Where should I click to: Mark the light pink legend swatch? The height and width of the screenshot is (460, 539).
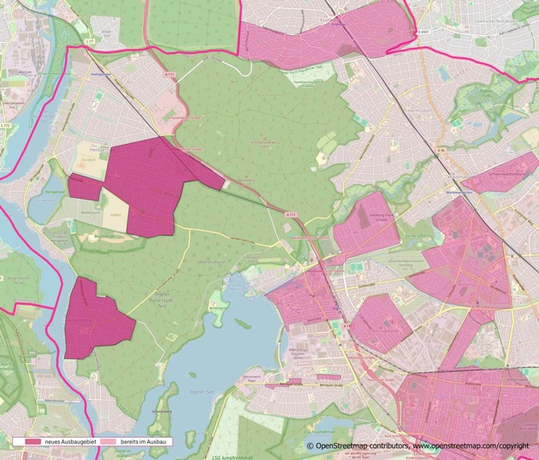click(107, 441)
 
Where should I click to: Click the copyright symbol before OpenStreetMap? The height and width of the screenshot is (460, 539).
click(311, 446)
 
